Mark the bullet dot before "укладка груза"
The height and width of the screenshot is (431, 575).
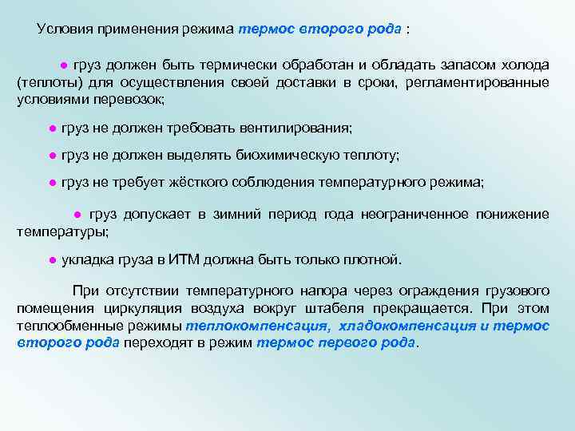click(x=50, y=260)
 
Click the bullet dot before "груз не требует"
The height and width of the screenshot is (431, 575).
click(x=50, y=183)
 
